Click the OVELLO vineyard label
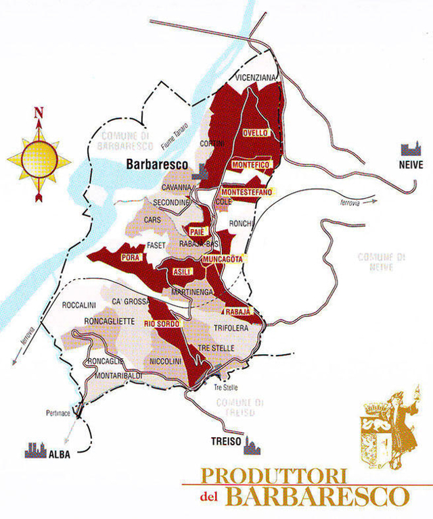256,132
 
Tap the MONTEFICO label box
250,164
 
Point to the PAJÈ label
198,232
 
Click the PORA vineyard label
129,257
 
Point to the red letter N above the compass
39,113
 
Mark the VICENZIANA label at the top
256,78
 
